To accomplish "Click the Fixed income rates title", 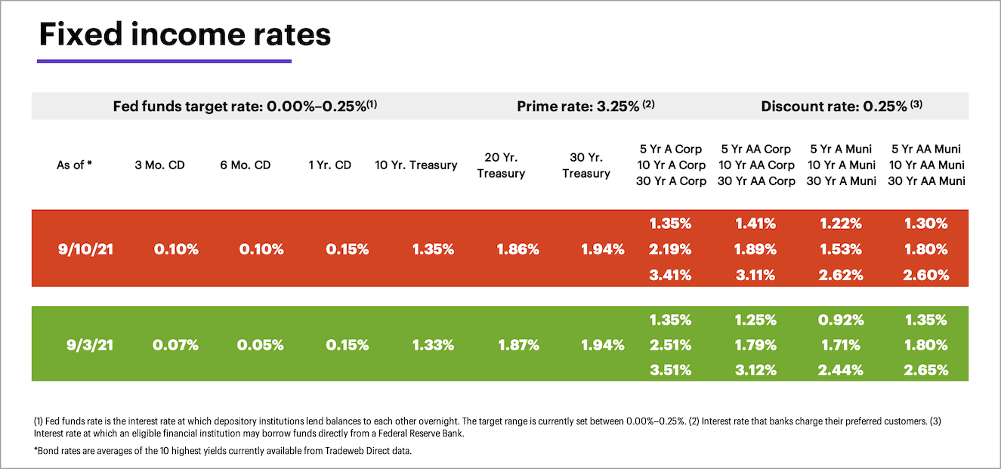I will coord(184,35).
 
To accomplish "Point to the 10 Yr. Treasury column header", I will coord(416,165).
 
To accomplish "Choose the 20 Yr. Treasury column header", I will coord(501,165).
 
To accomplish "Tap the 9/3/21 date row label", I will coord(89,345).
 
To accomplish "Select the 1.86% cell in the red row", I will coord(518,249).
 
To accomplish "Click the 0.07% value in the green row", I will coord(175,345).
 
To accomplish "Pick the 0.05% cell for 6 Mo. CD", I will coord(261,345).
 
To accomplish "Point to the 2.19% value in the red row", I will coord(670,249).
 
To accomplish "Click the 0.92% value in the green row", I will coord(842,319).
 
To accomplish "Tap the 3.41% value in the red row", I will coord(670,275).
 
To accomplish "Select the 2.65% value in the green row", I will coord(927,370).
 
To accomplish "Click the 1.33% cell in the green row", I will coord(433,345).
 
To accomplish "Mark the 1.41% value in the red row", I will coord(755,224).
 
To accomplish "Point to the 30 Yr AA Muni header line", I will coord(926,181).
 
